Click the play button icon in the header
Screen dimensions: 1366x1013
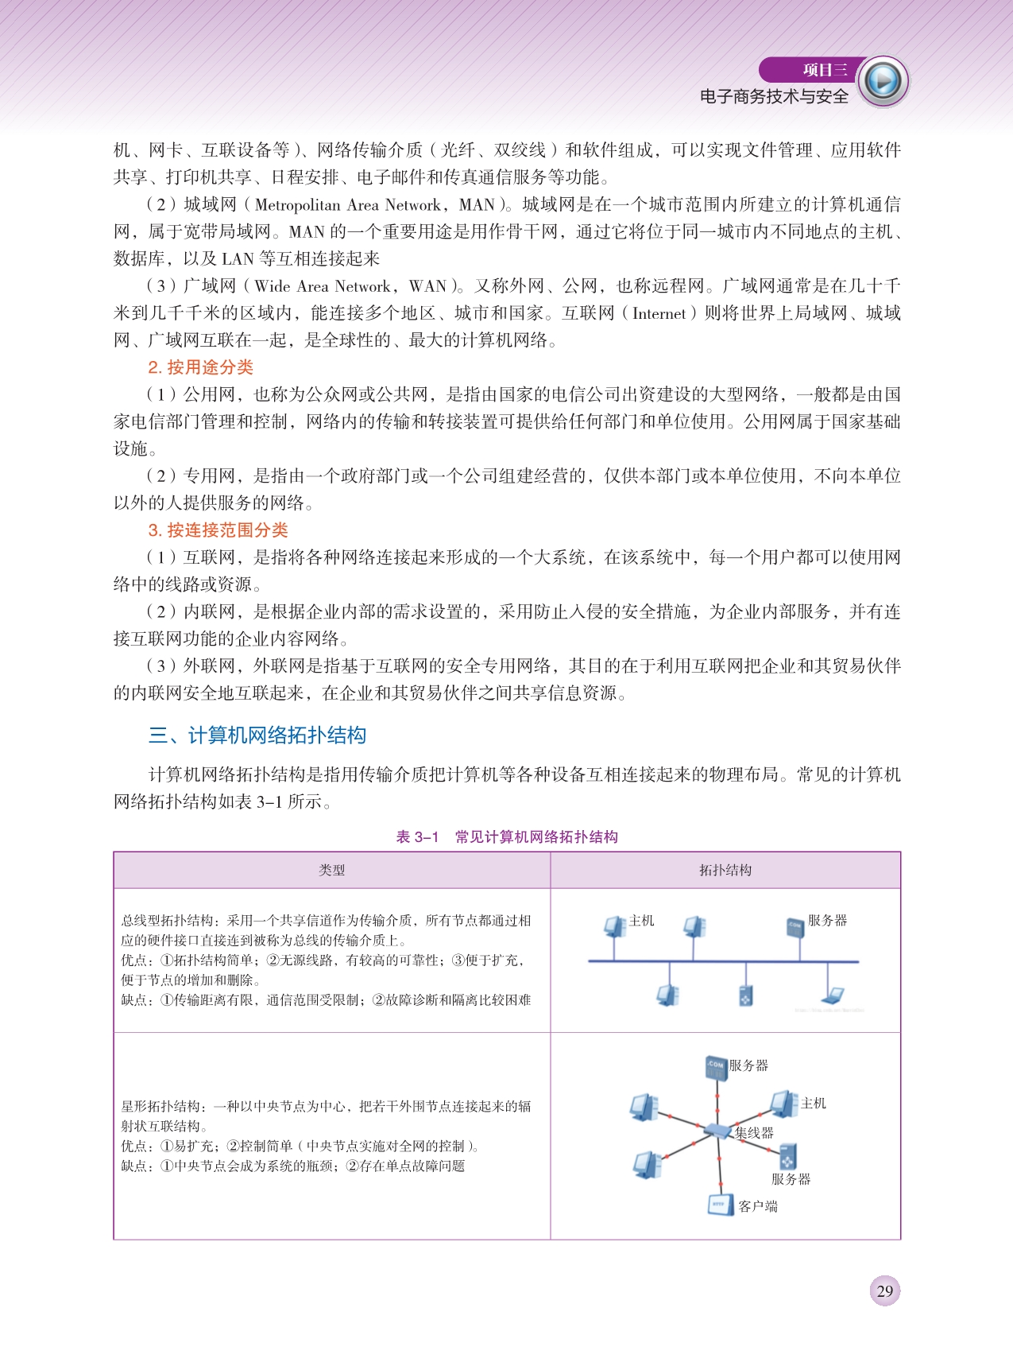[883, 81]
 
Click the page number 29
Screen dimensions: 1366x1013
[884, 1290]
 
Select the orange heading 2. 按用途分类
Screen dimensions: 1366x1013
[200, 367]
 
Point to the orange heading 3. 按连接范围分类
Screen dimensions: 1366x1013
[218, 530]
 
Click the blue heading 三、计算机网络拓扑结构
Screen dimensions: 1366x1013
[257, 735]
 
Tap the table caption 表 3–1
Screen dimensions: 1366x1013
[417, 836]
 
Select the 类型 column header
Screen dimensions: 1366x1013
[331, 870]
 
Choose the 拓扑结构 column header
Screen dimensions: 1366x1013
[725, 870]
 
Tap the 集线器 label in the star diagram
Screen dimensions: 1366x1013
[754, 1133]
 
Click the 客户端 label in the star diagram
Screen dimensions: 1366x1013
[758, 1206]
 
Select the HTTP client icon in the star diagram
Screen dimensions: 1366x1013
[720, 1205]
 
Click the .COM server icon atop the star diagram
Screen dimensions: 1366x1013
[716, 1067]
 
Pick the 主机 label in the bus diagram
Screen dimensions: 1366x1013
[641, 921]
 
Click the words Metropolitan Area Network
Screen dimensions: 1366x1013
[348, 205]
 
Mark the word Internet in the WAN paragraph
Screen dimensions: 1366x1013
[659, 313]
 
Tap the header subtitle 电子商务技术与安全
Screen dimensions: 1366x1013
[774, 97]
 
